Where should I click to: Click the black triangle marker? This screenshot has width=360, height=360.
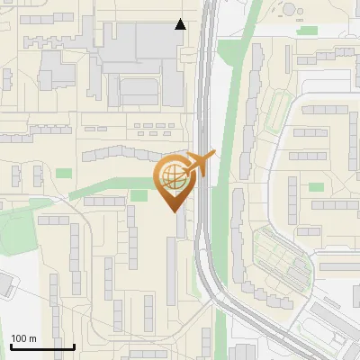181,24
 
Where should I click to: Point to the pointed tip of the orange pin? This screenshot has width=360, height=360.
175,210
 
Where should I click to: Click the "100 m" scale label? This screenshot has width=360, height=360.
23,338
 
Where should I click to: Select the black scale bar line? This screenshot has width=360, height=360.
42,346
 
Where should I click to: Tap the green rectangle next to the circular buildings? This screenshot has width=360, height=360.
308,31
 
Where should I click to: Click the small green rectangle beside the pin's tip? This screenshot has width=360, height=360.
139,195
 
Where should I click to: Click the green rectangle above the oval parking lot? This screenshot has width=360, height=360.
316,187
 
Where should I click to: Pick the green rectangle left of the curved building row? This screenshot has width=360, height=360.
63,173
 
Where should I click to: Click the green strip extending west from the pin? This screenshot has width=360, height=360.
108,188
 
